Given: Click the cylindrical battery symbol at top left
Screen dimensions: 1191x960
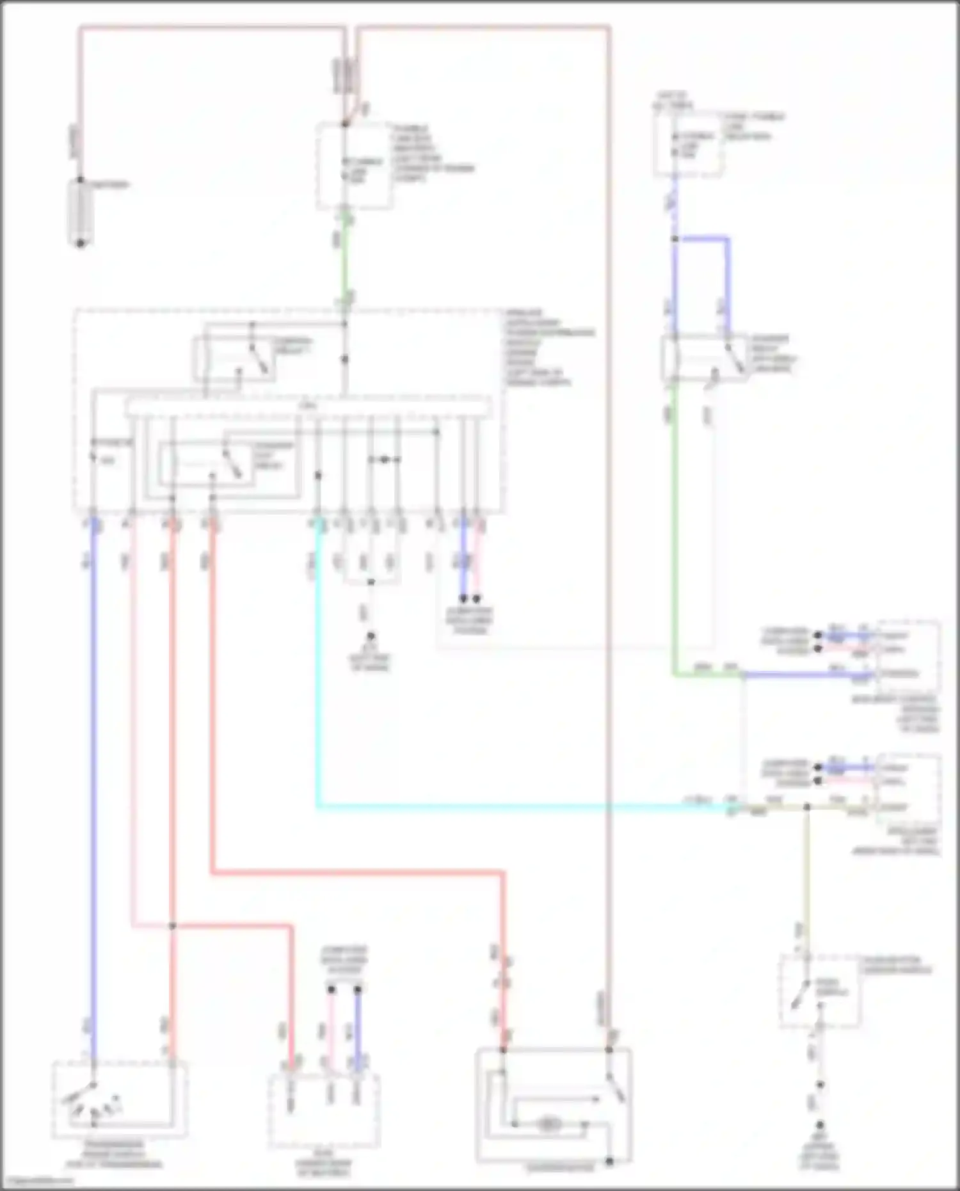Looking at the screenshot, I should point(80,212).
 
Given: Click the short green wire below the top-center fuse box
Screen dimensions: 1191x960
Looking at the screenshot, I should point(346,256).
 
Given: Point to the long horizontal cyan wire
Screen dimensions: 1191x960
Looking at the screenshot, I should point(512,808).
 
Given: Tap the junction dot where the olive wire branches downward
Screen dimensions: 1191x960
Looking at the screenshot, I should point(807,808).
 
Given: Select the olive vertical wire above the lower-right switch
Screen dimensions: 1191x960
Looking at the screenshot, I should point(807,883).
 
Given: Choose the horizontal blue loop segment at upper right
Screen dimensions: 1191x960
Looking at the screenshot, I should point(702,239).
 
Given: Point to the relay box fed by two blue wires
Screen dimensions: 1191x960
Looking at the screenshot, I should point(704,358).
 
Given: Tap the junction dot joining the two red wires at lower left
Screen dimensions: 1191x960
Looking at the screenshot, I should point(172,925).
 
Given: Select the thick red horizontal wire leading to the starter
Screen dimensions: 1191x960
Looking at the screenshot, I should point(358,872).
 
